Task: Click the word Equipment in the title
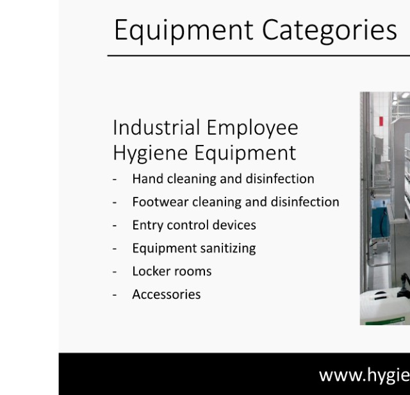(184, 31)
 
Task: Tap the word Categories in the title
(329, 31)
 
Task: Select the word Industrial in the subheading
(156, 128)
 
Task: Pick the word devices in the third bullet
(234, 225)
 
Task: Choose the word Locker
(151, 271)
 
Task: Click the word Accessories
(167, 294)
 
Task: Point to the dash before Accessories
(115, 295)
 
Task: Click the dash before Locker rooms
(115, 272)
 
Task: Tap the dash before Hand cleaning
(115, 180)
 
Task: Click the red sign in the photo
(381, 121)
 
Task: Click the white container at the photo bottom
(384, 307)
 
